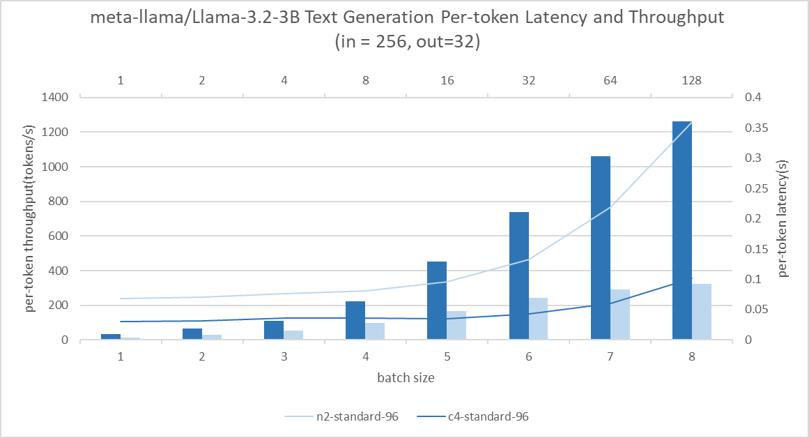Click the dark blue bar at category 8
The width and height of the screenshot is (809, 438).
point(681,230)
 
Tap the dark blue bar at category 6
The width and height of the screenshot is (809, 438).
point(518,275)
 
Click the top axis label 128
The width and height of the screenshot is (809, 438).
point(691,80)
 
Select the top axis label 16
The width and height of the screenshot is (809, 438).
point(447,80)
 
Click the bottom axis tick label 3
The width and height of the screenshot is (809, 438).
point(284,357)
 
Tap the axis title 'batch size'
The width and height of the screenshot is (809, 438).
point(406,378)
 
